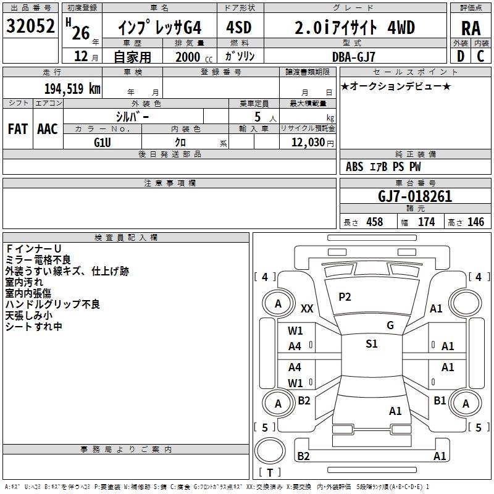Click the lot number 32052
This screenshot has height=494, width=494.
31,27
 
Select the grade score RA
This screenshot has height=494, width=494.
471,28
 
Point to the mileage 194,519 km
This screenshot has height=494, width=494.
72,88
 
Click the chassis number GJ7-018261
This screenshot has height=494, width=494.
415,196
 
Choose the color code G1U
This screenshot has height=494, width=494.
103,142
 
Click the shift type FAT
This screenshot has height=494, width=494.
17,128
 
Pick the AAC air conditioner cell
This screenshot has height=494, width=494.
47,128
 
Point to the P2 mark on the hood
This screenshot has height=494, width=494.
345,297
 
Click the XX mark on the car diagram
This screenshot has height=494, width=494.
307,308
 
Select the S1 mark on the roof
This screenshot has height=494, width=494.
371,344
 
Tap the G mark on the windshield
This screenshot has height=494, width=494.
390,325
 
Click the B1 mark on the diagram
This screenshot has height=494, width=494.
440,400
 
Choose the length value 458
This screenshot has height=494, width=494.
374,222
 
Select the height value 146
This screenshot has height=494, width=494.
476,222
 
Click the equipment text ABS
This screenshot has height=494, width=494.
354,167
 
